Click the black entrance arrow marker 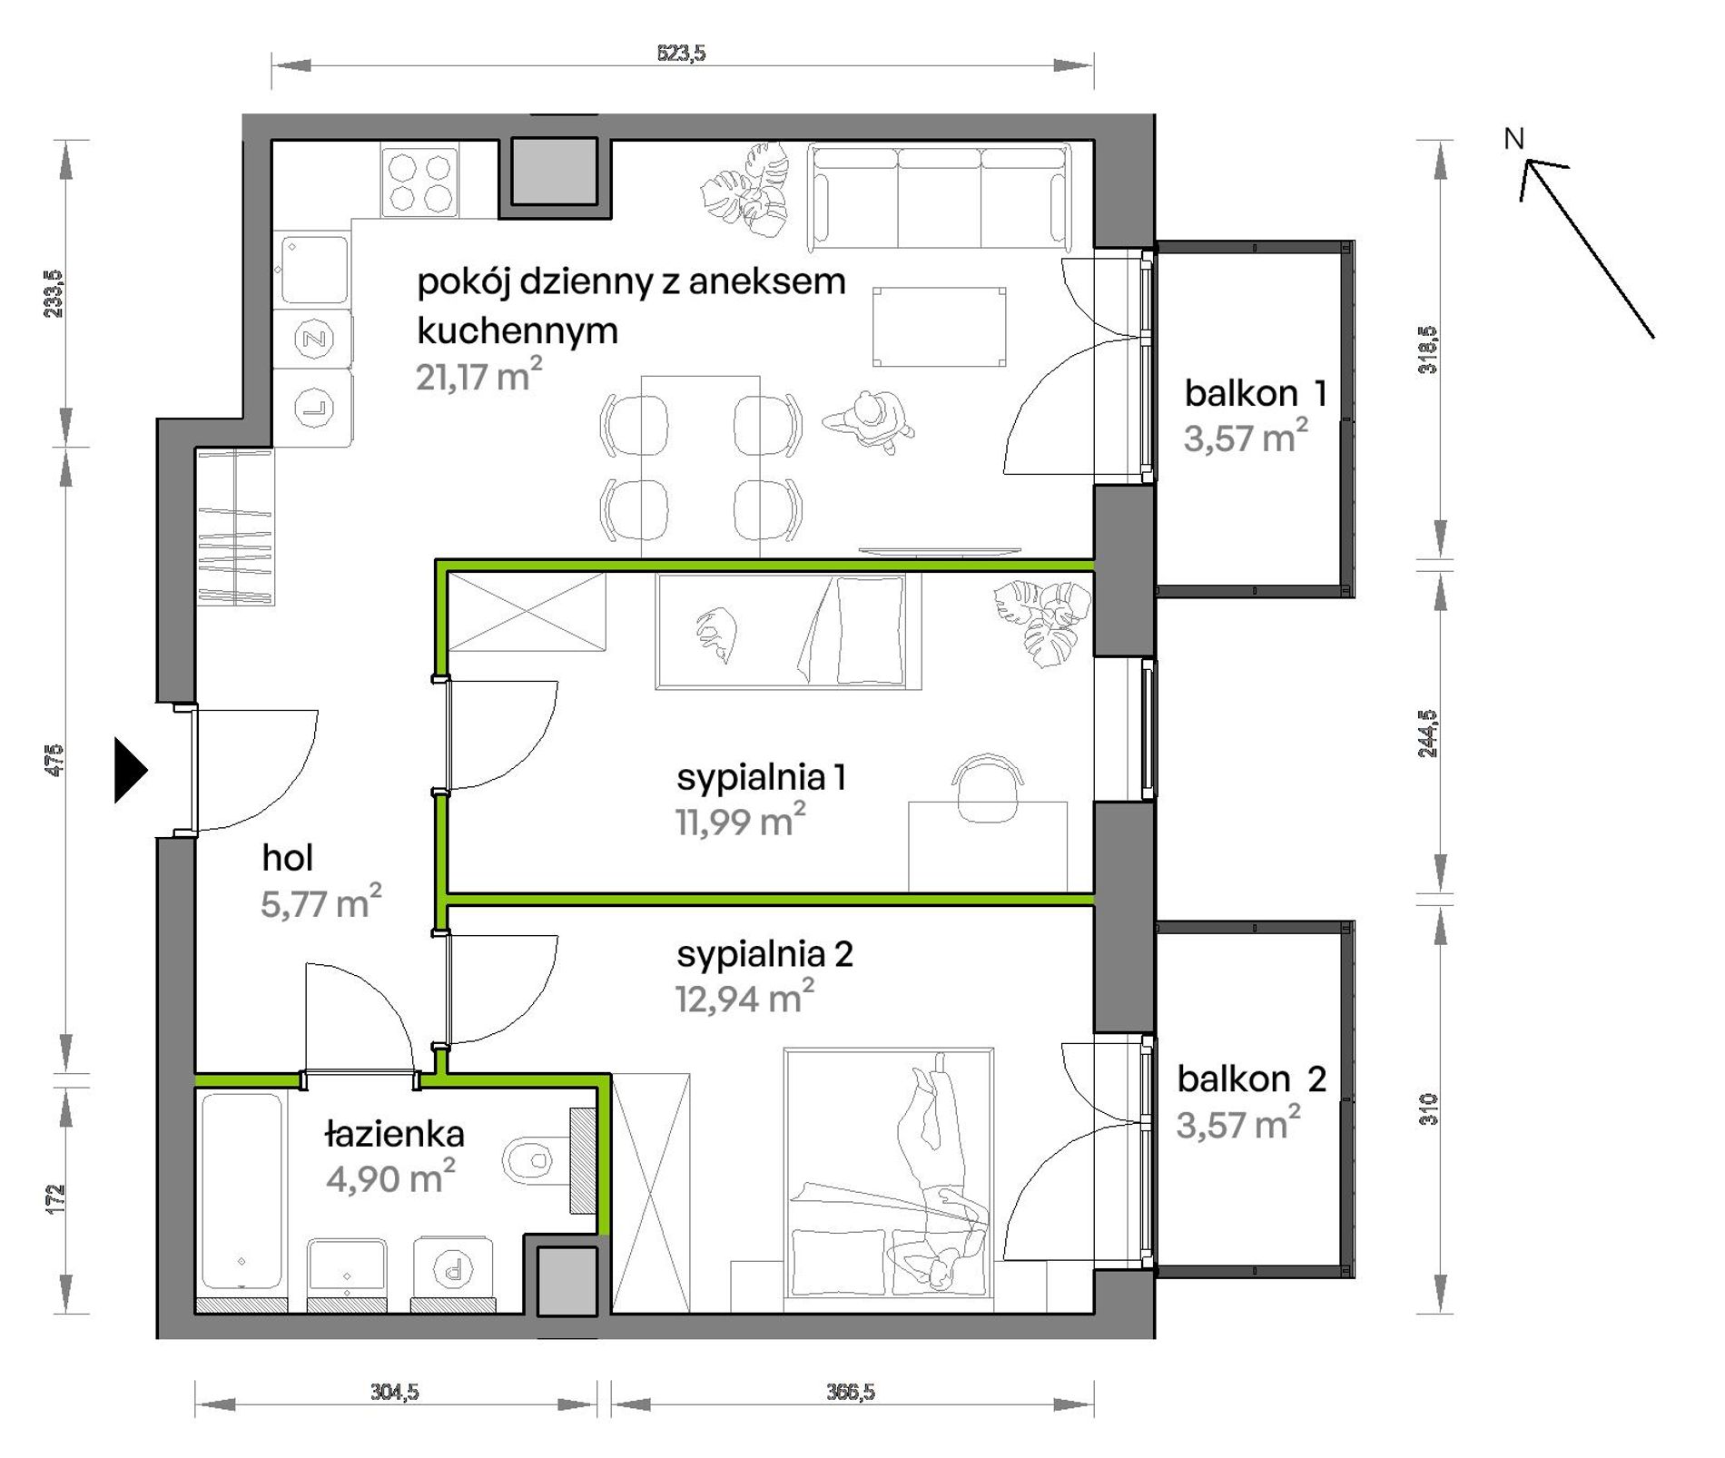coord(130,771)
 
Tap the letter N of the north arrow coord(1513,139)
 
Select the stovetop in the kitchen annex coord(419,182)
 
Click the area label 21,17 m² coord(479,374)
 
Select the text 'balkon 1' coord(1256,393)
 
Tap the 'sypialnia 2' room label coord(764,954)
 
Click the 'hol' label coord(287,858)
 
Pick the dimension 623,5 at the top coord(681,54)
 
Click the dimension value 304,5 coord(394,1392)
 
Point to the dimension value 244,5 coord(1428,734)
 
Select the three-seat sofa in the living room coord(939,197)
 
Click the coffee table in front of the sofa coord(939,327)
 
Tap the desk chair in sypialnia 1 coord(987,786)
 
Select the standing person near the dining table coord(869,422)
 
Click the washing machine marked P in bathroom coord(453,1268)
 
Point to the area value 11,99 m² coord(740,820)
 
